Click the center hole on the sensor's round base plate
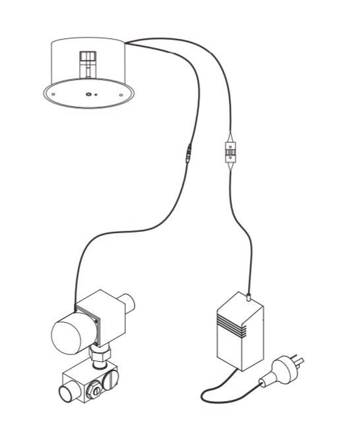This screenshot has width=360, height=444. (x=88, y=94)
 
